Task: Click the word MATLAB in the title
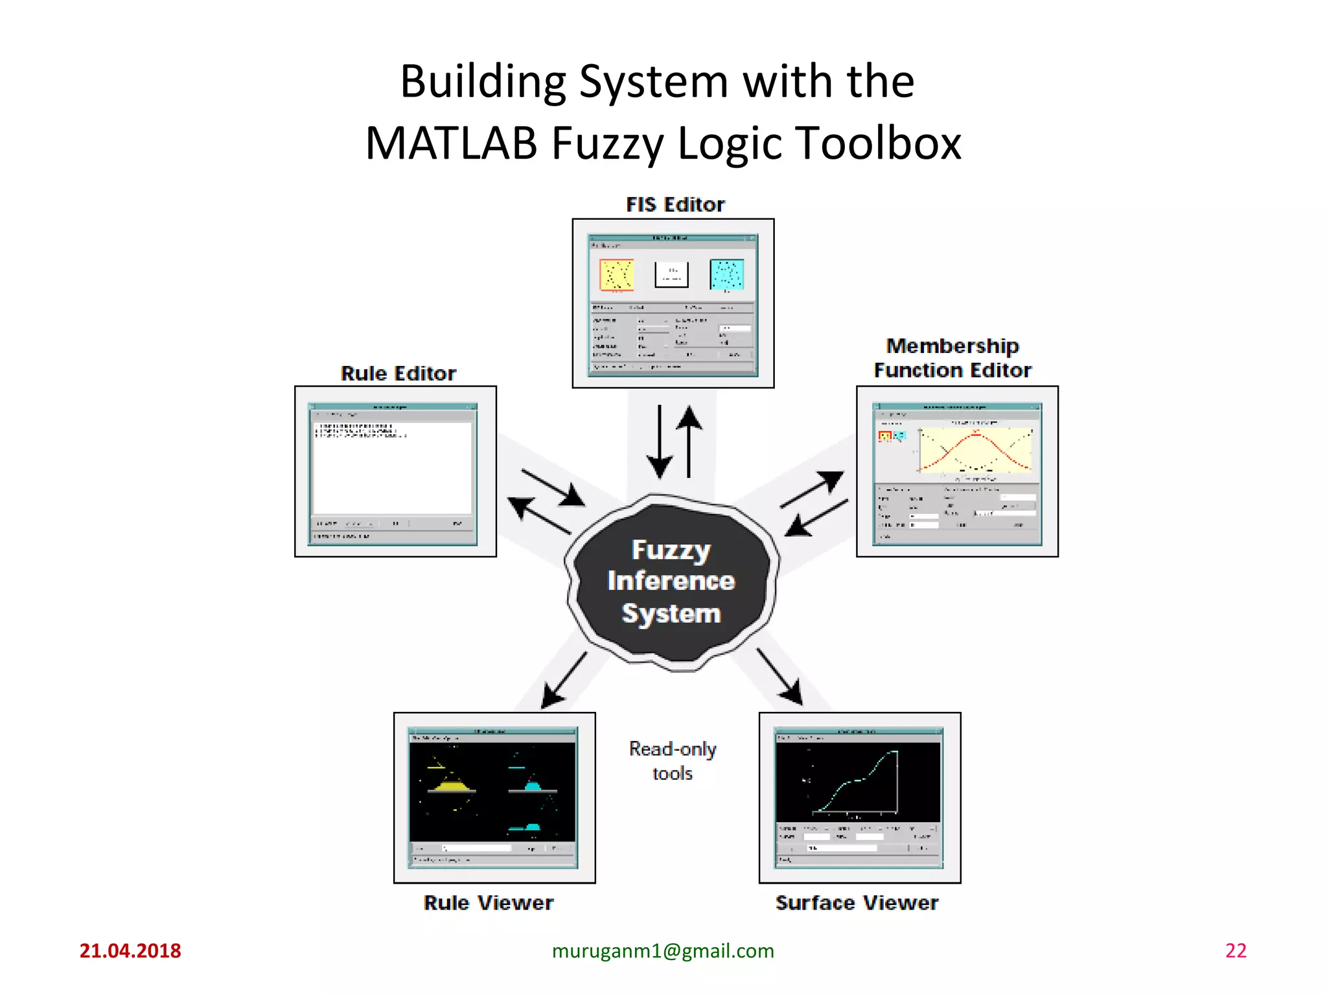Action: point(452,143)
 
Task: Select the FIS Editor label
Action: point(675,205)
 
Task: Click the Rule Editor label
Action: point(398,374)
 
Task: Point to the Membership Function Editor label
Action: point(952,358)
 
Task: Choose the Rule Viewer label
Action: point(489,903)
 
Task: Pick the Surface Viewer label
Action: point(857,903)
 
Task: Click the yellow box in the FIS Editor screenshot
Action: point(616,275)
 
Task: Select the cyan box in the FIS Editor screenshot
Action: point(726,275)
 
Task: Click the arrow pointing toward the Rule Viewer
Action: point(563,681)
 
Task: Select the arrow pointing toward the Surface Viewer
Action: point(780,677)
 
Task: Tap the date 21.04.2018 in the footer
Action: point(130,951)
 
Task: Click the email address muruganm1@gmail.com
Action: point(663,951)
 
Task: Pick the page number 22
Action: point(1236,951)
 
